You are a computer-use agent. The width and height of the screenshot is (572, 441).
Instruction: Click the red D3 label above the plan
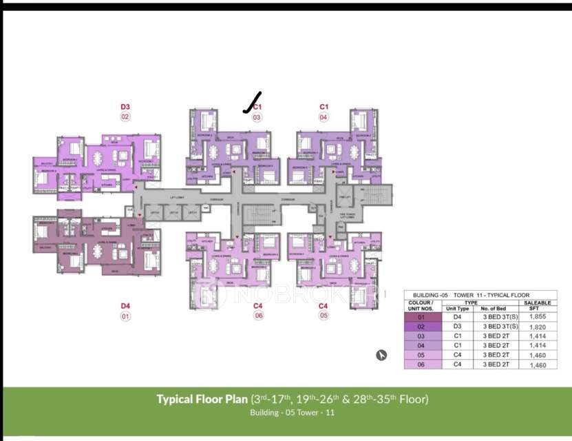pyautogui.click(x=125, y=107)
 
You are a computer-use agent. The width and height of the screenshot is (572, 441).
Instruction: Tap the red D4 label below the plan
pyautogui.click(x=125, y=305)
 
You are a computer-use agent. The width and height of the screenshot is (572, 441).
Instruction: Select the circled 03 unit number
pyautogui.click(x=257, y=117)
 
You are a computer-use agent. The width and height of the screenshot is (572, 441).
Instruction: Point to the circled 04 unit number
pyautogui.click(x=324, y=117)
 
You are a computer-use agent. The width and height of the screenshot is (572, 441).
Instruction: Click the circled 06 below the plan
pyautogui.click(x=258, y=316)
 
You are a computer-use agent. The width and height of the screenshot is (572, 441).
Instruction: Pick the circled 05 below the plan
pyautogui.click(x=324, y=316)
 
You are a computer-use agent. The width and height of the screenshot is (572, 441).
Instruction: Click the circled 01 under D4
pyautogui.click(x=125, y=316)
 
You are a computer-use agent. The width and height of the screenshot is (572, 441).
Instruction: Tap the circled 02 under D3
pyautogui.click(x=125, y=117)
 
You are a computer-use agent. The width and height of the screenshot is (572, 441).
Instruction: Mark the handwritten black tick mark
pyautogui.click(x=252, y=102)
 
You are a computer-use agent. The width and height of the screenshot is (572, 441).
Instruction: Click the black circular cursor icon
pyautogui.click(x=381, y=355)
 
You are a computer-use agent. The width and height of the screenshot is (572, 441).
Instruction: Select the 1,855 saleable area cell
pyautogui.click(x=538, y=315)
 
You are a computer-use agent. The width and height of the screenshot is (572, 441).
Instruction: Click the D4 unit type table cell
pyautogui.click(x=458, y=316)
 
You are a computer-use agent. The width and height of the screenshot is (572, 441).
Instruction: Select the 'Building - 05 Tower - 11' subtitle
pyautogui.click(x=292, y=413)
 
